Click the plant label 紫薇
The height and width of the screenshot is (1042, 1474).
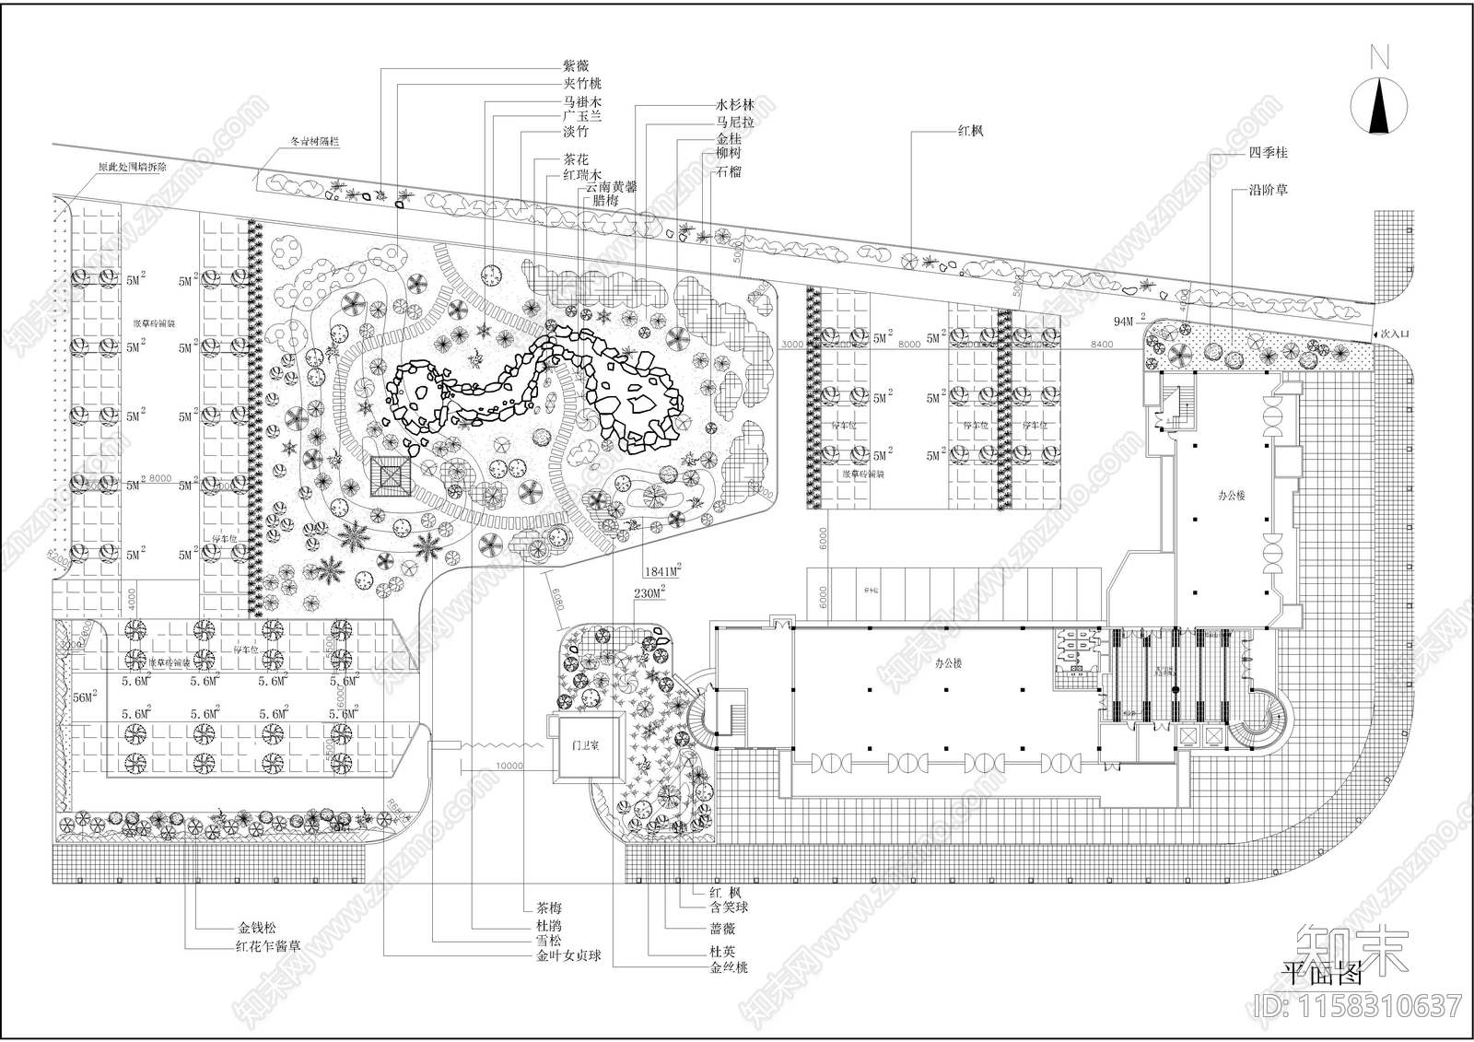[x=576, y=66]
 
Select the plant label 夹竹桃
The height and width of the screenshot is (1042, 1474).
[x=582, y=84]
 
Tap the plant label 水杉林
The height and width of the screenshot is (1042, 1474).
[x=735, y=105]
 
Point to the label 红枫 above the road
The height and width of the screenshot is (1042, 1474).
[x=970, y=131]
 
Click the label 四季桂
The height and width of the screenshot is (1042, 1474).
[x=1269, y=152]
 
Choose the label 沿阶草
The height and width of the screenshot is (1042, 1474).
[x=1269, y=190]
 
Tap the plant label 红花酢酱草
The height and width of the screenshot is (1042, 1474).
[x=268, y=945]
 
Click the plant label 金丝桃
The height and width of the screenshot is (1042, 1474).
[x=729, y=967]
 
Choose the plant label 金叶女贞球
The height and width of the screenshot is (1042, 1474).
[x=568, y=956]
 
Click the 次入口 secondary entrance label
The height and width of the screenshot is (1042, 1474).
[x=1394, y=334]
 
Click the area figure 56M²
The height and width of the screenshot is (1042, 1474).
[x=84, y=698]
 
